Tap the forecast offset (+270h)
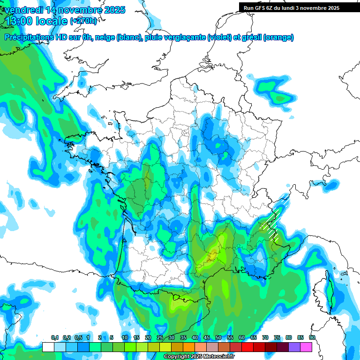pyautogui.click(x=83, y=21)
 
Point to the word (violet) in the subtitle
pyautogui.click(x=219, y=37)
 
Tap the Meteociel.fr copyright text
pyautogui.click(x=199, y=357)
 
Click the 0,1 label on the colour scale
pyautogui.click(x=55, y=337)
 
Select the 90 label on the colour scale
pyautogui.click(x=312, y=337)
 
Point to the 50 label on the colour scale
pyautogui.click(x=218, y=337)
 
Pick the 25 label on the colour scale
pyautogui.click(x=160, y=337)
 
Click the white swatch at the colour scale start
pyautogui.click(x=48, y=347)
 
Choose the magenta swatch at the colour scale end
pyautogui.click(x=306, y=347)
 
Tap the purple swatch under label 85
pyautogui.click(x=294, y=347)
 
